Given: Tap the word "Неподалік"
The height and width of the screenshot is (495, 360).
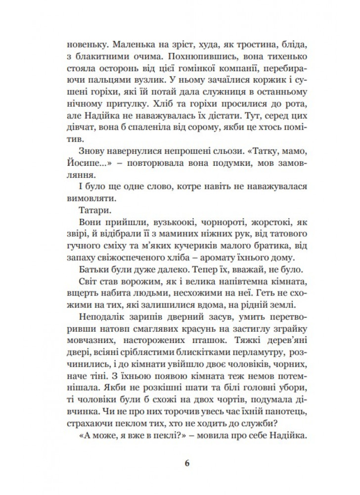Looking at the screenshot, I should click(x=89, y=315).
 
